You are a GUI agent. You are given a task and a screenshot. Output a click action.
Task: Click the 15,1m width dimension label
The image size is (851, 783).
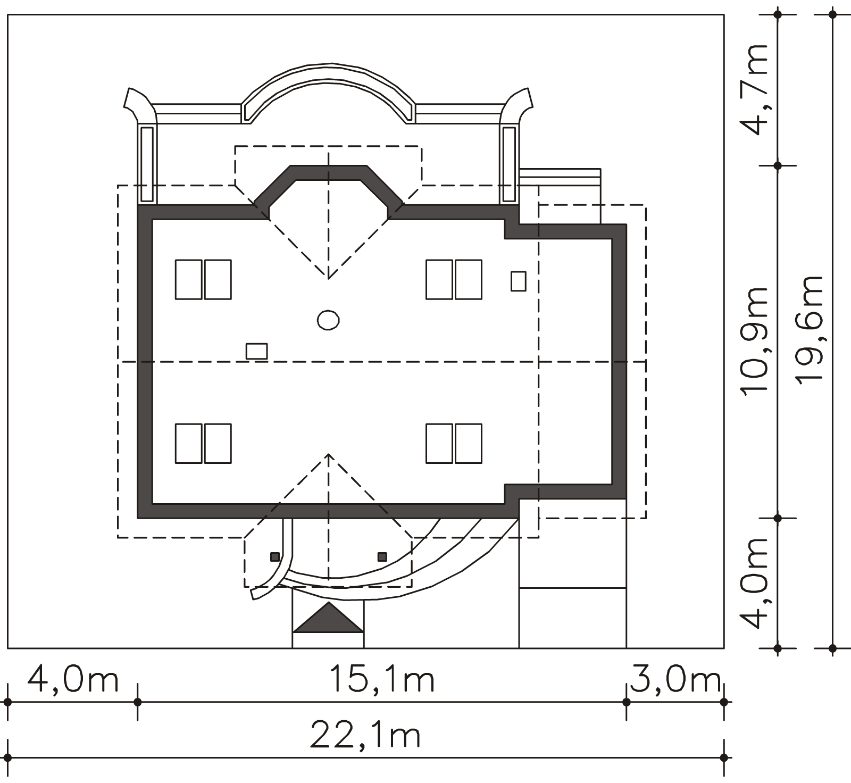(382, 679)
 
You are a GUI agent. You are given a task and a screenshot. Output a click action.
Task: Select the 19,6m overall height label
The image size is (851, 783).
(809, 328)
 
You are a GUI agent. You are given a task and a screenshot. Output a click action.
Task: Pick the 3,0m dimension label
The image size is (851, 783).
(674, 679)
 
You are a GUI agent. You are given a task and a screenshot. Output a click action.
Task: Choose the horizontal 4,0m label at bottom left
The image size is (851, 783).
(72, 679)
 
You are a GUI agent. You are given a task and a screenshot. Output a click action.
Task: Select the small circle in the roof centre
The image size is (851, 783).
(328, 320)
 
